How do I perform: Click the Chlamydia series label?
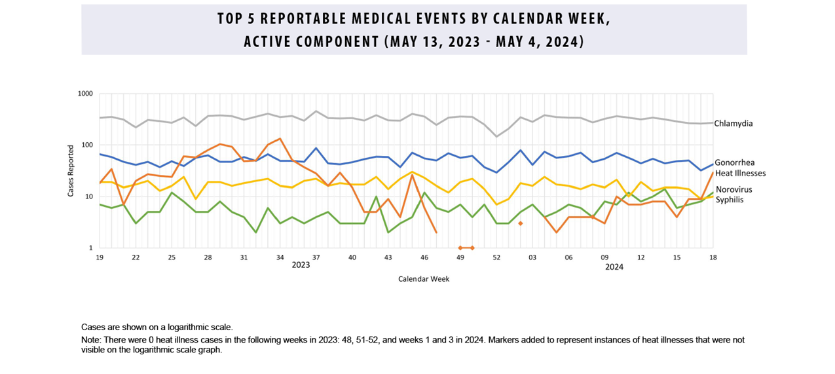733,123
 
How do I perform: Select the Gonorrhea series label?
734,162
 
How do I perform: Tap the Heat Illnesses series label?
740,173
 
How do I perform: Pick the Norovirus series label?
734,189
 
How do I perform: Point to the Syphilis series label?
729,199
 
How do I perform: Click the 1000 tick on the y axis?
86,94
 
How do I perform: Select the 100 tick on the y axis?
87,145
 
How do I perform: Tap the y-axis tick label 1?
91,248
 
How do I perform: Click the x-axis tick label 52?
496,257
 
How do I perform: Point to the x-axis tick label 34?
280,257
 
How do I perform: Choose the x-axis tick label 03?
532,257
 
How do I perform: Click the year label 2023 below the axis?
301,266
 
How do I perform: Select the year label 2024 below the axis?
614,267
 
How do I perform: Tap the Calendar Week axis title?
424,279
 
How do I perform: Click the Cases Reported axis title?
71,171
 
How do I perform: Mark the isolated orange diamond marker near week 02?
521,223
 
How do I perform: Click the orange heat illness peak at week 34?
280,138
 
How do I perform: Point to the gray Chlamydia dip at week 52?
496,136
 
